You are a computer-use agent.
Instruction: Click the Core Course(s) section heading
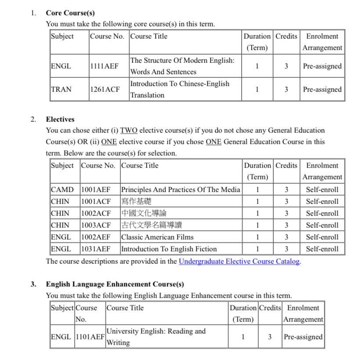coord(70,13)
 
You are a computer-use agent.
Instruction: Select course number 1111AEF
coord(104,66)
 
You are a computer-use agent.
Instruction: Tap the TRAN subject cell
coord(61,89)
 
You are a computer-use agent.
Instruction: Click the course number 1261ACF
coord(105,89)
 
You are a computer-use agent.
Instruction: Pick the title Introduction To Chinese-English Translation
coord(179,89)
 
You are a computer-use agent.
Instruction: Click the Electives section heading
coord(60,119)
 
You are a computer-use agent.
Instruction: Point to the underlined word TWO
coord(129,131)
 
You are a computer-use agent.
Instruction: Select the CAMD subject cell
coord(62,190)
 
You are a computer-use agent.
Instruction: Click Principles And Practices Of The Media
coord(180,190)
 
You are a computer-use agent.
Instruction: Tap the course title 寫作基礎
coord(136,202)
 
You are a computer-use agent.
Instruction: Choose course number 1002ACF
coord(96,214)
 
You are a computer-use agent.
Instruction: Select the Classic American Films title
coord(157,237)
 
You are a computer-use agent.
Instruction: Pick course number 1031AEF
coord(96,249)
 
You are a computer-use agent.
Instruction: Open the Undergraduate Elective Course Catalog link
coord(240,261)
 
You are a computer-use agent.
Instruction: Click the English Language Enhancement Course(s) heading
coord(115,284)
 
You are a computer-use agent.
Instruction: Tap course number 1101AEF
coord(90,337)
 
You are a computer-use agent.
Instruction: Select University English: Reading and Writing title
coord(156,337)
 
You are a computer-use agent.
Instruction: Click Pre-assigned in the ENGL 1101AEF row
coord(303,337)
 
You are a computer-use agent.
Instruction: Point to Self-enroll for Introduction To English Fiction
coord(322,249)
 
